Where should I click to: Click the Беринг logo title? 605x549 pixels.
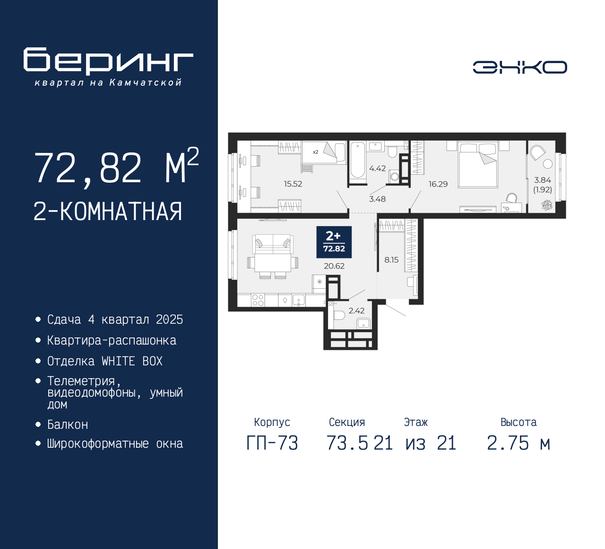point(108,61)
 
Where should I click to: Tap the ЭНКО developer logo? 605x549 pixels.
point(519,67)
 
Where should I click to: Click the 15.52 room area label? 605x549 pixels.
point(293,184)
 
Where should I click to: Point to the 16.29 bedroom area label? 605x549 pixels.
point(438,184)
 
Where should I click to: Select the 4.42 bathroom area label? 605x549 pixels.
point(377,168)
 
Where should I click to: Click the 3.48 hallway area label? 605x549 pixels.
point(377,199)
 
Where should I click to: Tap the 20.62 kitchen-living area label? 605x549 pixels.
point(334,266)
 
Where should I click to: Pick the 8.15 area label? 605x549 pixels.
point(391,260)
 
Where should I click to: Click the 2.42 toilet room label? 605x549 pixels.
point(356,310)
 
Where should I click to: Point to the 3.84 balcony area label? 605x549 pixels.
point(542,180)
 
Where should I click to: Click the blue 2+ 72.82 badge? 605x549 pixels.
point(334,242)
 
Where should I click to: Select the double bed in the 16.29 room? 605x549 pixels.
point(477,165)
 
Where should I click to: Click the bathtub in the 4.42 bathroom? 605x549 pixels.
point(358,160)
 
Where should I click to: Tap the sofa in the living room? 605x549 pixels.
point(273,244)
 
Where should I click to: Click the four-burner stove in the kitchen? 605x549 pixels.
point(258,300)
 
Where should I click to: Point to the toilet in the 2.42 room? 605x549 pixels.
point(339,316)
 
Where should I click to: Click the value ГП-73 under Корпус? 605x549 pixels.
point(272,443)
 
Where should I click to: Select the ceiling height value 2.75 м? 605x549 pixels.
point(519,443)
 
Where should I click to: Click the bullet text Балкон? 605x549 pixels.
point(68,425)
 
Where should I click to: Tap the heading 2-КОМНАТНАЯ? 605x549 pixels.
point(108,212)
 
